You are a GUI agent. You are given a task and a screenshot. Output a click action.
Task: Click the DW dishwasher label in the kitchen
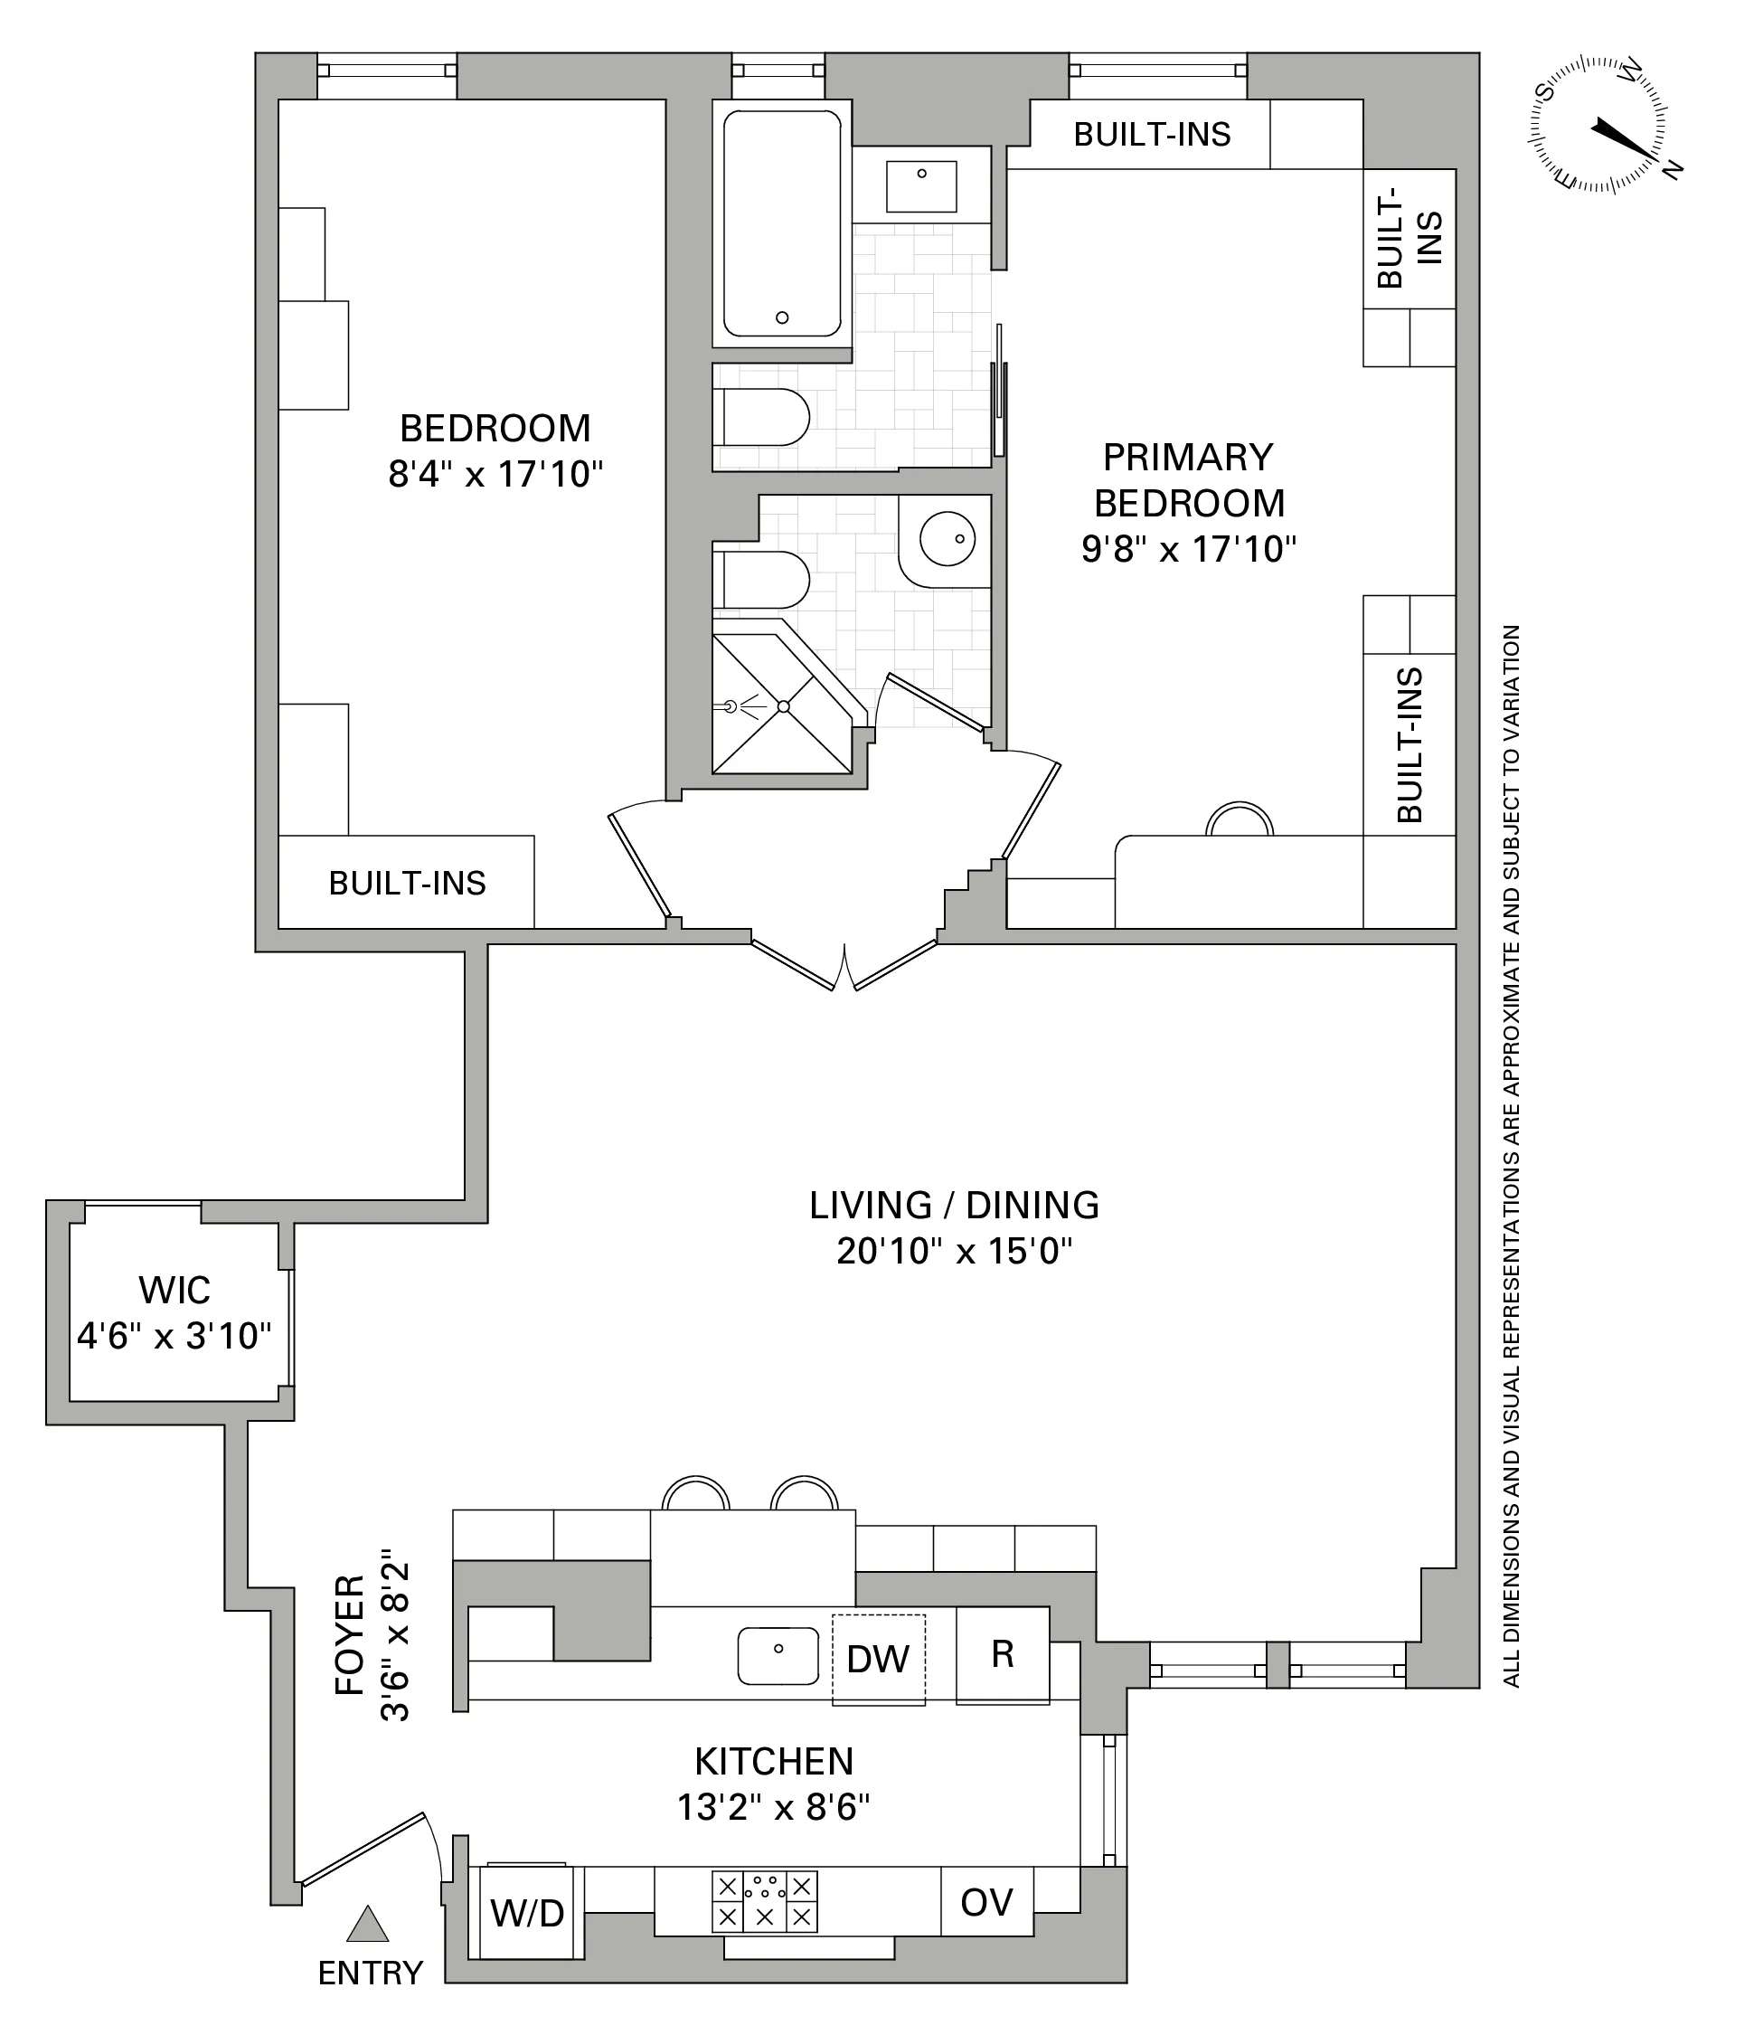(878, 1659)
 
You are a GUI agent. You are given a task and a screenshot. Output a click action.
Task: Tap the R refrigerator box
(1002, 1653)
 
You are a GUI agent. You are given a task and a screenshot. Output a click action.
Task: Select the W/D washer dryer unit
(527, 1913)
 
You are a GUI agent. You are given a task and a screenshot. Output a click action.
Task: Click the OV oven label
(985, 1902)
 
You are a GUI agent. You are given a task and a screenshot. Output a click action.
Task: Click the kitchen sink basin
(778, 1654)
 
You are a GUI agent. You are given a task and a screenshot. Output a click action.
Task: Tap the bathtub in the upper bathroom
(782, 224)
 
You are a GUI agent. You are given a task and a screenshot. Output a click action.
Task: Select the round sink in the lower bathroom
(947, 538)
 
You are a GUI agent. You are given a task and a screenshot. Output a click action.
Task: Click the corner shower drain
(783, 706)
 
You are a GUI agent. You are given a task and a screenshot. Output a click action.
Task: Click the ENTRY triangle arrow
(368, 1924)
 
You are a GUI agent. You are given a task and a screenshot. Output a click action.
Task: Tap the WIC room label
(174, 1289)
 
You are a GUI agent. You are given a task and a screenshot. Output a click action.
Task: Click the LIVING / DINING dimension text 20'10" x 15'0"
(953, 1251)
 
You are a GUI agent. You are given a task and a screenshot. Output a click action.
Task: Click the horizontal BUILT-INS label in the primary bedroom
(1151, 134)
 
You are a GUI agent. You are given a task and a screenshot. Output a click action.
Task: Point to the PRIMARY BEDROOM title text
(1189, 479)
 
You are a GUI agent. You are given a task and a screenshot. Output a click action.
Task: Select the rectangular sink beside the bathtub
(921, 186)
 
